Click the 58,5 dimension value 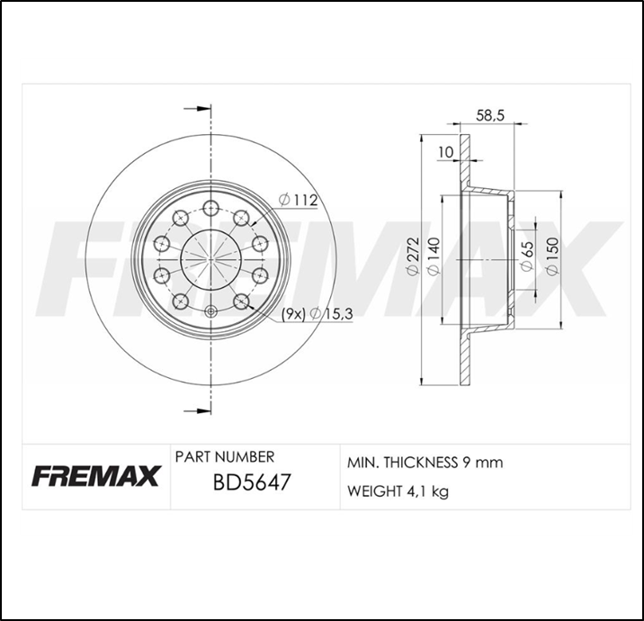[x=489, y=115]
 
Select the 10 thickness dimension [x=445, y=152]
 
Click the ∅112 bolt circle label [x=299, y=200]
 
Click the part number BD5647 [x=250, y=484]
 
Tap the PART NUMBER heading [x=225, y=457]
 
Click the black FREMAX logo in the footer [x=95, y=475]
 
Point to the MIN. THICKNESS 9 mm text [x=425, y=463]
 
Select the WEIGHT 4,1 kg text [x=398, y=491]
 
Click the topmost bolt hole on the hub [x=210, y=209]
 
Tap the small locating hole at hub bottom [x=210, y=312]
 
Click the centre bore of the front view [x=210, y=259]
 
